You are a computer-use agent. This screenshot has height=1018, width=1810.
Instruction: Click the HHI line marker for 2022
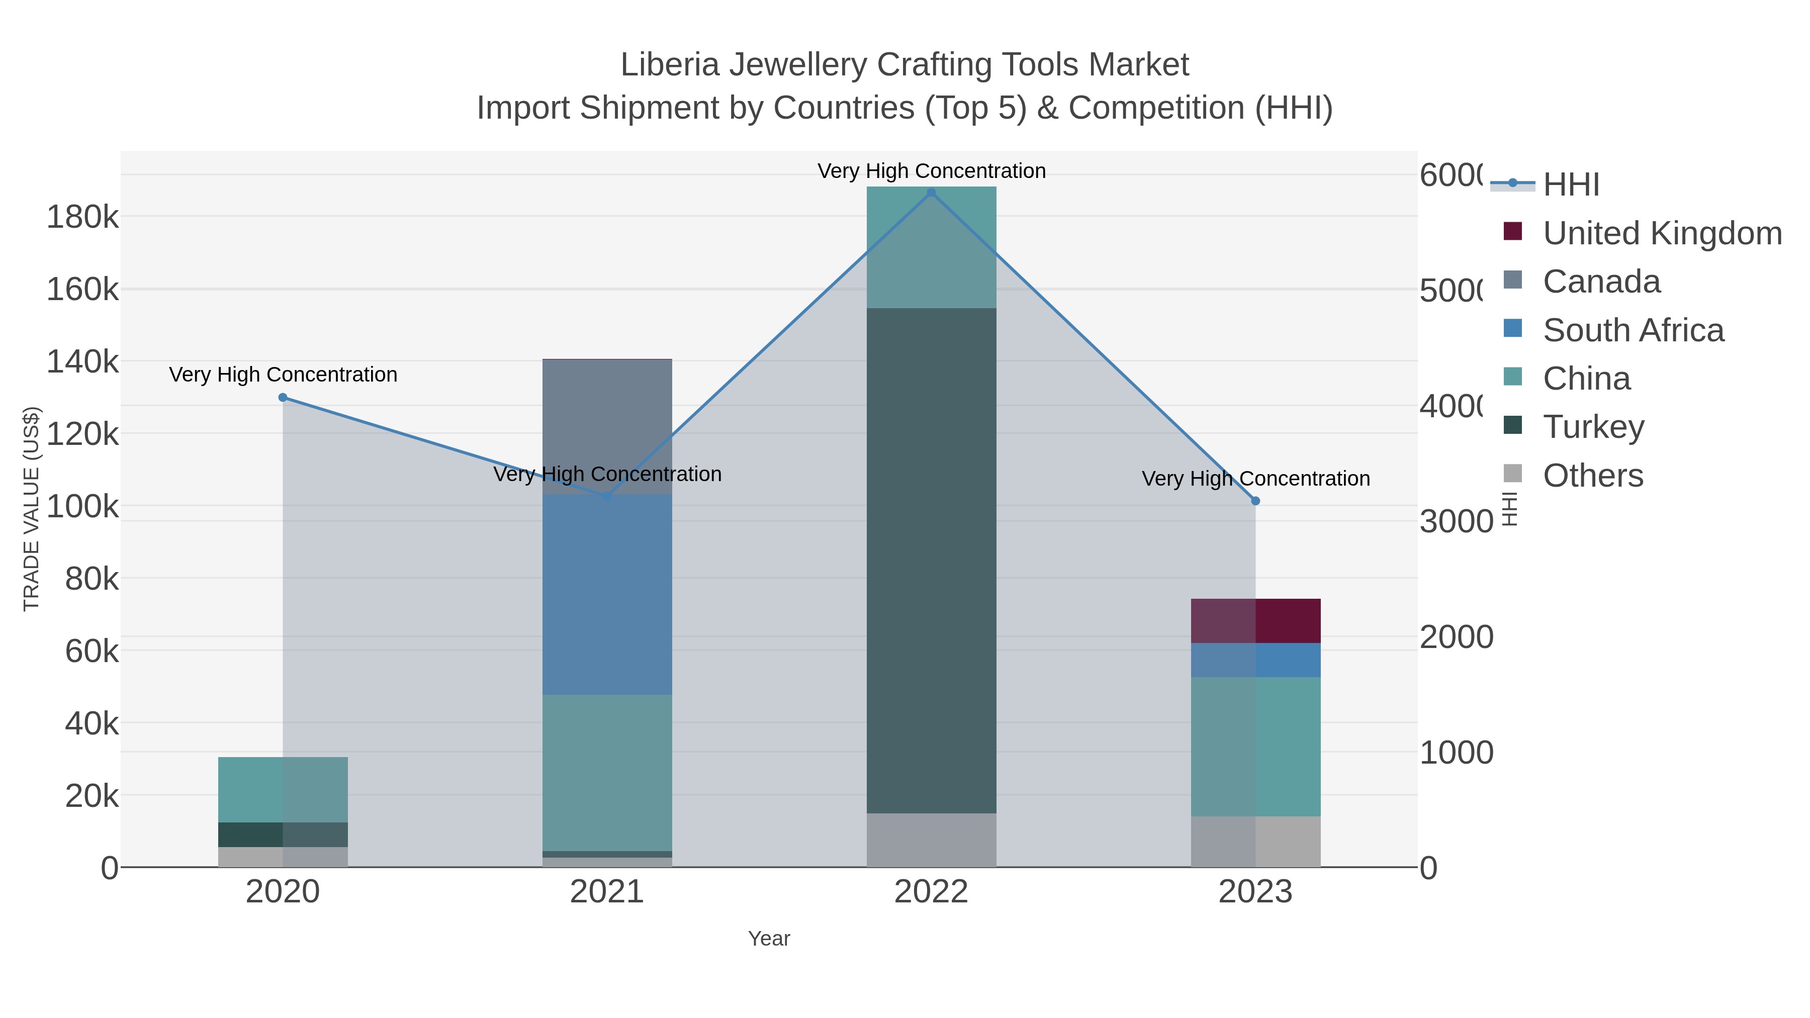[931, 193]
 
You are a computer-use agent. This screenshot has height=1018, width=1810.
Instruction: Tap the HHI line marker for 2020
[283, 398]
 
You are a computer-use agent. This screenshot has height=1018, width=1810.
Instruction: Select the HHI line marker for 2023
[1255, 501]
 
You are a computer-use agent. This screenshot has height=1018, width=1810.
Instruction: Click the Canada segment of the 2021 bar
[607, 422]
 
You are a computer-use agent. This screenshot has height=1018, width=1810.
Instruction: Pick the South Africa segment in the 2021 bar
[607, 594]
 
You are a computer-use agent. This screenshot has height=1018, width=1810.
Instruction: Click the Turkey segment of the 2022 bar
[931, 560]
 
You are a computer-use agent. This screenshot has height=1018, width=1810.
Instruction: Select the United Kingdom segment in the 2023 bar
[1255, 620]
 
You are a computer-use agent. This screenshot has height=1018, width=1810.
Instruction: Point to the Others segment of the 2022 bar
[931, 840]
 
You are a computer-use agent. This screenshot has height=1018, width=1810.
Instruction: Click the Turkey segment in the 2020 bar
[283, 834]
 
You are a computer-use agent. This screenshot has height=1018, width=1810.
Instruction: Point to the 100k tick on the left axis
[82, 506]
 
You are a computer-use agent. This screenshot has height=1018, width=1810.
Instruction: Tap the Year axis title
[769, 939]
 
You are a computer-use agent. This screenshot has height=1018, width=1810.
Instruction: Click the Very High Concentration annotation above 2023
[1255, 479]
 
